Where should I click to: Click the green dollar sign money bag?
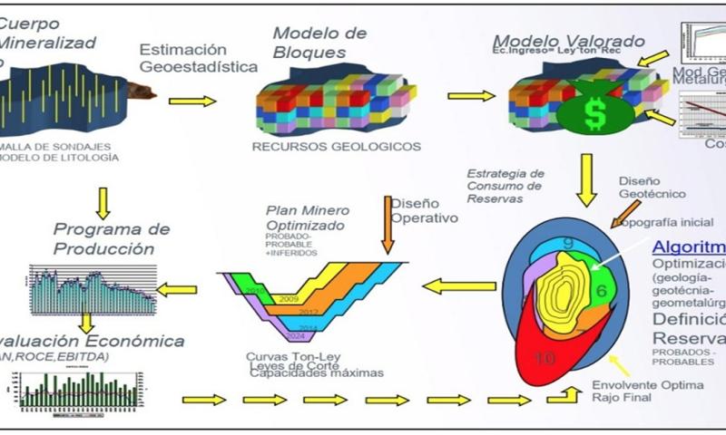tap(594, 113)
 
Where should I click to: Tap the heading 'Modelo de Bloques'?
tap(319, 43)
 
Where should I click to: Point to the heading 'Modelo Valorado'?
tap(569, 42)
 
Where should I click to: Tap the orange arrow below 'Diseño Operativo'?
tap(388, 234)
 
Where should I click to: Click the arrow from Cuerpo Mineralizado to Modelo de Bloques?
tap(192, 101)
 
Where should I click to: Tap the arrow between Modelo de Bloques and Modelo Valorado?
tap(471, 95)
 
